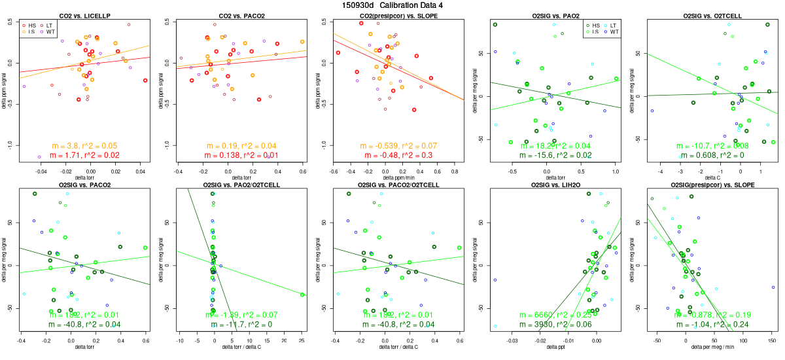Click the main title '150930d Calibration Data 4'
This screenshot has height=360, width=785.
tap(392, 5)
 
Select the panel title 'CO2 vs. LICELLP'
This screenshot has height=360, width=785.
tap(84, 15)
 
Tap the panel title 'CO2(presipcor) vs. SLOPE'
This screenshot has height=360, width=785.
tap(398, 15)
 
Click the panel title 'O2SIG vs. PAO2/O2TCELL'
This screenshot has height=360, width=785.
tap(241, 185)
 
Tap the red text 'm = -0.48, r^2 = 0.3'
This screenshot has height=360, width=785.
tap(398, 155)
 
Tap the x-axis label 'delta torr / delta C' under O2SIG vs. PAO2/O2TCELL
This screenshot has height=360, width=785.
tap(241, 348)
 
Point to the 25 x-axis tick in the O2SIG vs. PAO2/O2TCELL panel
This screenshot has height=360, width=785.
tap(302, 340)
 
